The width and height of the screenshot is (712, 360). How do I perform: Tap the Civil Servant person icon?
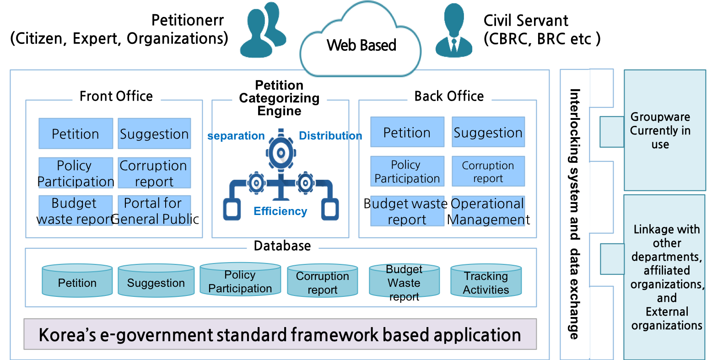[454, 31]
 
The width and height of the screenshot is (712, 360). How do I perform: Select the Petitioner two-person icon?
[263, 30]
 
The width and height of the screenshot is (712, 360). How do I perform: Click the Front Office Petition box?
[76, 134]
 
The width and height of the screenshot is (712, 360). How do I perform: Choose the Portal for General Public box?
[155, 211]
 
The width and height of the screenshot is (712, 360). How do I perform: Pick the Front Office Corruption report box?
[155, 173]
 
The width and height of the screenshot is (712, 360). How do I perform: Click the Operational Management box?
[488, 211]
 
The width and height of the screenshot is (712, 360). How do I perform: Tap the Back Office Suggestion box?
[488, 132]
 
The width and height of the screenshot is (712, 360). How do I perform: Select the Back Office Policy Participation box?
[407, 171]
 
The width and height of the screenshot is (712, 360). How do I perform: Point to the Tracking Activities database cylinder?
[486, 281]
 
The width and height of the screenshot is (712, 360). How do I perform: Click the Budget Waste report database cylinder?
[405, 281]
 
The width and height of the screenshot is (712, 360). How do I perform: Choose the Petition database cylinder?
[77, 281]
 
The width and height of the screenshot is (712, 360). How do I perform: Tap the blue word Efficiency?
[280, 211]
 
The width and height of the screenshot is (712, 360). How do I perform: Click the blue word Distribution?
[330, 136]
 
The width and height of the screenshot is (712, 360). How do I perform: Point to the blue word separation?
[236, 136]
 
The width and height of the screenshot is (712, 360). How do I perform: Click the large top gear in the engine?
[281, 153]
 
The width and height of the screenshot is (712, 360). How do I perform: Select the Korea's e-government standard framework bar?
[280, 334]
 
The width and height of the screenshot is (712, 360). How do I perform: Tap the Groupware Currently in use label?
[660, 130]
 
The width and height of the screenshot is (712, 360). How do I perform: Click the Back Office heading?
[449, 96]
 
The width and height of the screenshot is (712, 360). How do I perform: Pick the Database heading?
[282, 246]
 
